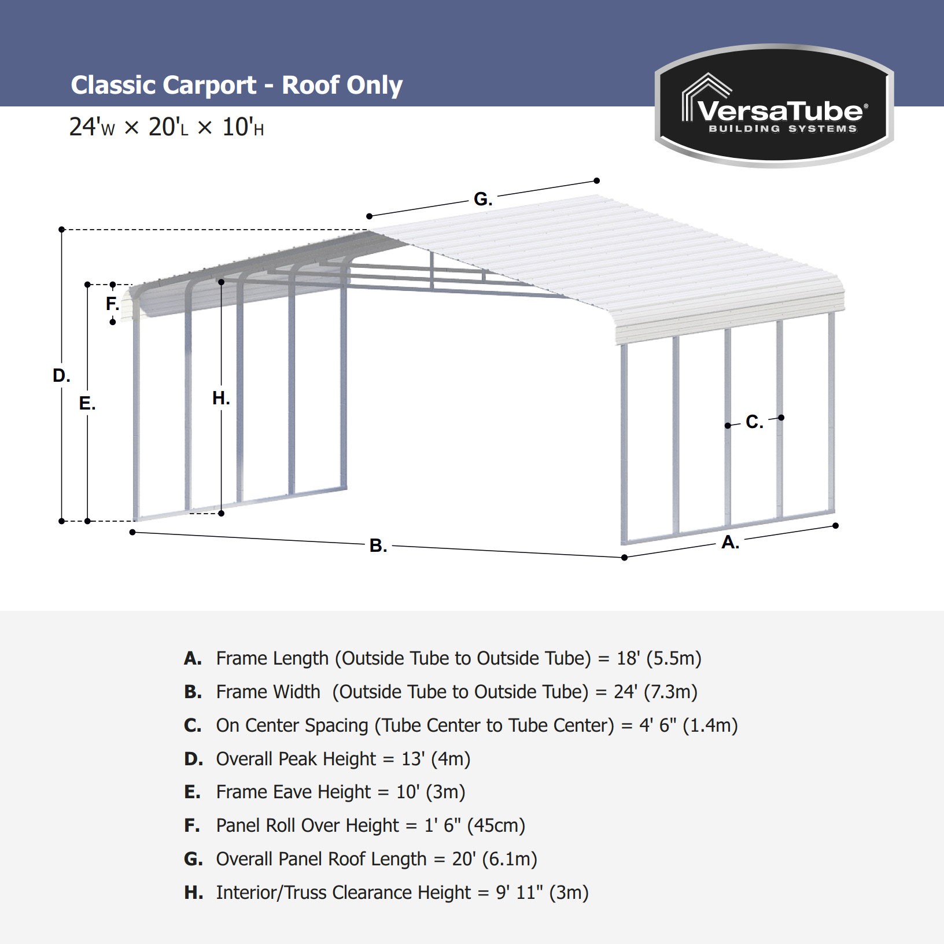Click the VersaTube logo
coord(774,107)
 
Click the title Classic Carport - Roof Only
coord(236,85)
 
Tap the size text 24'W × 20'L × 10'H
coord(166,127)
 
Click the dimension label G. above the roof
coord(482,199)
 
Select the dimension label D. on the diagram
coord(61,375)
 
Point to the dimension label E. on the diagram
coord(87,403)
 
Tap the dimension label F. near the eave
coord(112,303)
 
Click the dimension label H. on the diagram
coord(221,398)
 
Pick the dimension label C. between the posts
coord(754,422)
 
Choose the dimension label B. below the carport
coord(378,545)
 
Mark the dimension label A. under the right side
coord(730,543)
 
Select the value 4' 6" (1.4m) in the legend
coord(688,725)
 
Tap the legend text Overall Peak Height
coord(296,758)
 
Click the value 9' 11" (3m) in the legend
coord(542,893)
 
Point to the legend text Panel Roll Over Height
coord(307,825)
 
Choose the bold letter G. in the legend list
coord(193,859)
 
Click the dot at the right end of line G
coord(597,180)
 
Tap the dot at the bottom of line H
coord(221,513)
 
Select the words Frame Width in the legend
coord(268,692)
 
